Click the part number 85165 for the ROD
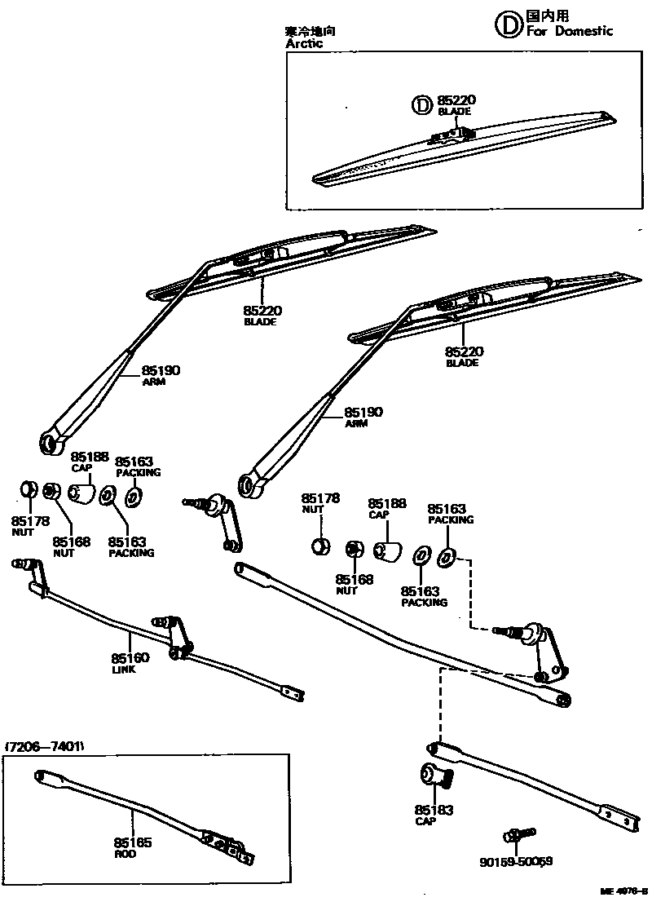click(132, 842)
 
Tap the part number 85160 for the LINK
click(130, 658)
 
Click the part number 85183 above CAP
click(434, 810)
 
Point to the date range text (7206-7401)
click(46, 747)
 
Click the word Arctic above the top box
click(304, 44)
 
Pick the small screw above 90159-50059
click(519, 835)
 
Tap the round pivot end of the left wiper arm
click(51, 442)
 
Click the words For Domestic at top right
click(570, 31)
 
